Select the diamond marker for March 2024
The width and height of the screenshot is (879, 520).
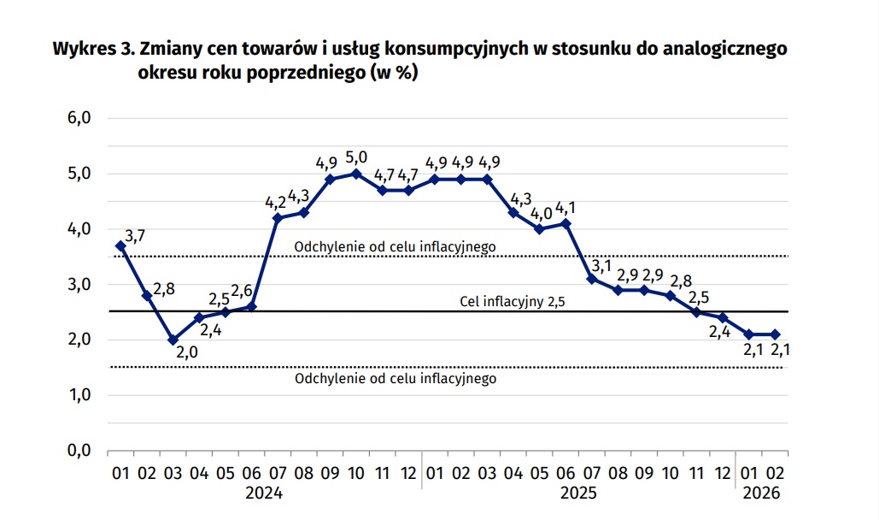[173, 340]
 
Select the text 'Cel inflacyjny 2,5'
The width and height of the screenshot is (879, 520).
[513, 302]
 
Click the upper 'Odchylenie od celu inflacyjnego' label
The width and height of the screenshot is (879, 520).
[395, 247]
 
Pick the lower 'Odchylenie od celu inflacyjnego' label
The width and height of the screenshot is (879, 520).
[395, 378]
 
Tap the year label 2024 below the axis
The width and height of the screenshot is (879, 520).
[264, 493]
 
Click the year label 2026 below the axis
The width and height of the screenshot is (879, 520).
[763, 493]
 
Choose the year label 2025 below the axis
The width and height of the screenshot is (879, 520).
[579, 493]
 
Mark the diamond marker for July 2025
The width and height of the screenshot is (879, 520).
[591, 279]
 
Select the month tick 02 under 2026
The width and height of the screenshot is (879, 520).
[776, 472]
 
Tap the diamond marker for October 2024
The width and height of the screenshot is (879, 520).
[357, 174]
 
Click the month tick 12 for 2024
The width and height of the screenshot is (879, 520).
[409, 472]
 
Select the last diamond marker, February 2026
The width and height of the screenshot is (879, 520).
[775, 334]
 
